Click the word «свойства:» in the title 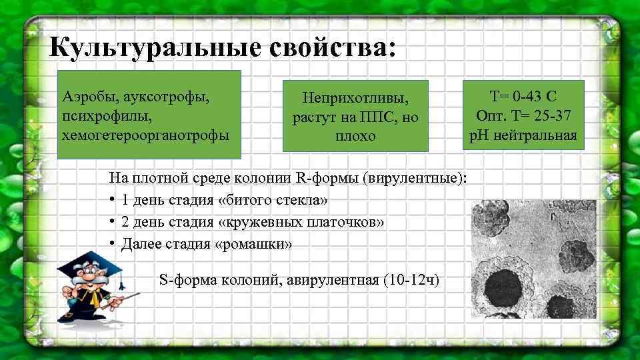tap(333, 47)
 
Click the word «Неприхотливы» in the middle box tap(355, 98)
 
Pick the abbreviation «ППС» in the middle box tap(377, 117)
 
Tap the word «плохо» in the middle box tap(355, 135)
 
